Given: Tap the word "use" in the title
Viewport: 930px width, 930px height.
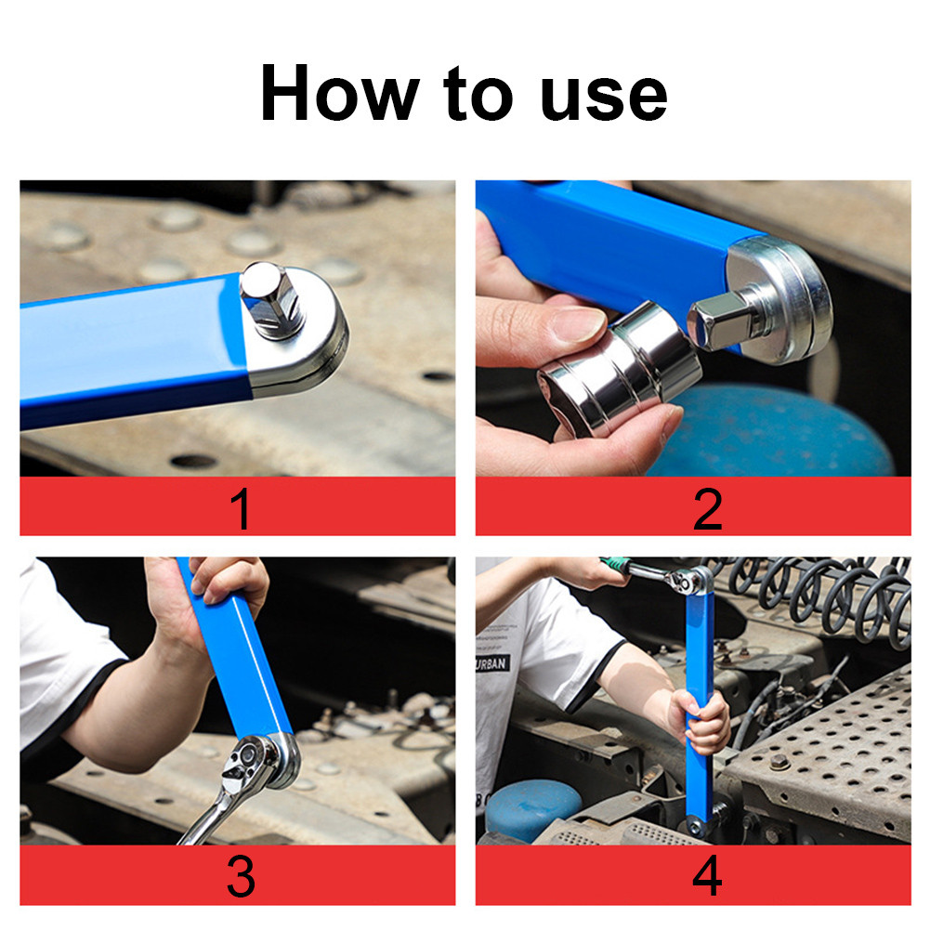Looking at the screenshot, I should coord(604,95).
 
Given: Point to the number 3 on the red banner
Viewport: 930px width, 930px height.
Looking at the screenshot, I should coord(241,877).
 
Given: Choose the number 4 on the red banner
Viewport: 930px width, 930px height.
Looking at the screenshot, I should coord(707,877).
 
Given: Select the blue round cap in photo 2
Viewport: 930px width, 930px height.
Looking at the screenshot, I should coord(771,432).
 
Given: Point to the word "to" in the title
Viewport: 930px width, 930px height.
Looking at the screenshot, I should coord(469,95).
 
